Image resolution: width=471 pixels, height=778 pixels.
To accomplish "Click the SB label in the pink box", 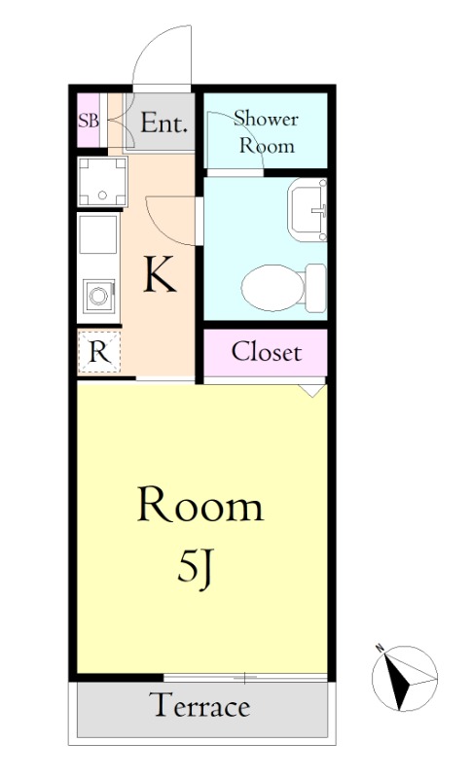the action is [89, 121].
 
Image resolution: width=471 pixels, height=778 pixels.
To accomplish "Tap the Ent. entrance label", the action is [164, 123].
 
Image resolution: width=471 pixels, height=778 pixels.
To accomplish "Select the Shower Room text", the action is [267, 132].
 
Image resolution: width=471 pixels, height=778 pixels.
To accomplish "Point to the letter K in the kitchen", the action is [160, 273].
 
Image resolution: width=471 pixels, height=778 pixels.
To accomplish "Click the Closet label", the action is [267, 352].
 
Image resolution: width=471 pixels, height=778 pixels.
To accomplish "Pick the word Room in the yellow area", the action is [200, 504].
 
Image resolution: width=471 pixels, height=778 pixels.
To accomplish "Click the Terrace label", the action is [199, 705].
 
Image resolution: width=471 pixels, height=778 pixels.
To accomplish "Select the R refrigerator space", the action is [99, 352].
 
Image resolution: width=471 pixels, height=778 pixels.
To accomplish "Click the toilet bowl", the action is [272, 288].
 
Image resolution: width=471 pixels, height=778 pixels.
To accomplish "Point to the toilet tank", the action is [315, 288].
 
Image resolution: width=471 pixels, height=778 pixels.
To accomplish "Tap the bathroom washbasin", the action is [308, 209].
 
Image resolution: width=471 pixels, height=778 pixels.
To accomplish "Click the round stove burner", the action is [98, 297].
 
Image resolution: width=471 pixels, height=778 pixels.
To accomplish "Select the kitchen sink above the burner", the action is [98, 233].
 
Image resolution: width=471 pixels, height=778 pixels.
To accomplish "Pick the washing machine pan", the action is [102, 182].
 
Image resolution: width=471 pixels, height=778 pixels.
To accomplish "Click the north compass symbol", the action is [404, 678].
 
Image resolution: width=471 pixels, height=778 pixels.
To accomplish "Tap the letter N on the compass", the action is [380, 648].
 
